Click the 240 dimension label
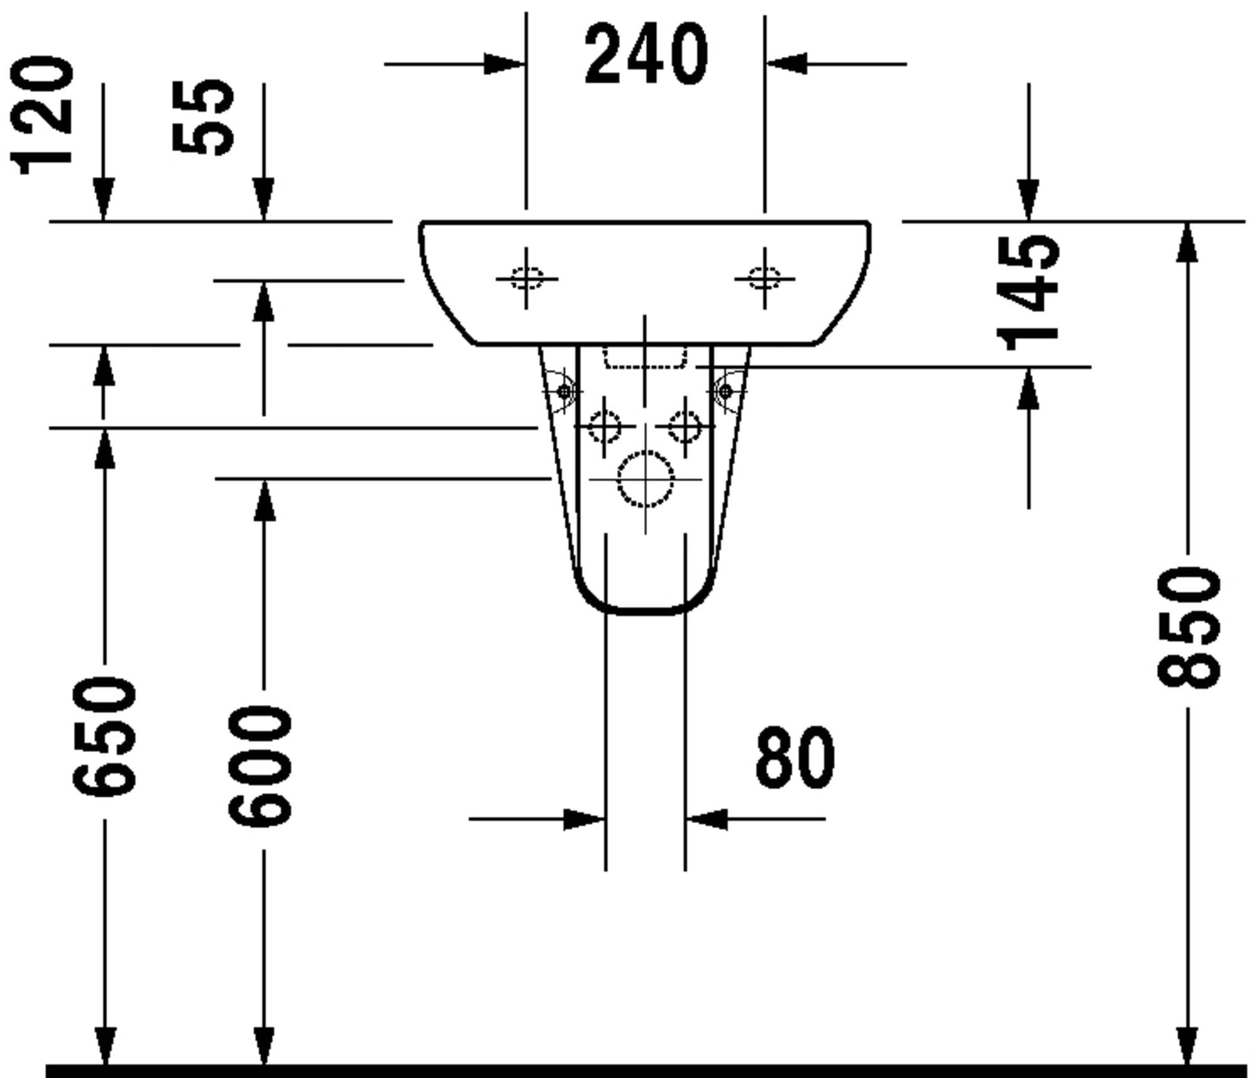[x=646, y=54]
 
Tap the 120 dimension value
[x=43, y=116]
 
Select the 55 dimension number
[x=203, y=117]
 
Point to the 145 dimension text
[x=1027, y=293]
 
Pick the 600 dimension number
[x=260, y=765]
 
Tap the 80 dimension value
[x=795, y=757]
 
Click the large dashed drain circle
[x=645, y=479]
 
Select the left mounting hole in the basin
[x=526, y=279]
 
